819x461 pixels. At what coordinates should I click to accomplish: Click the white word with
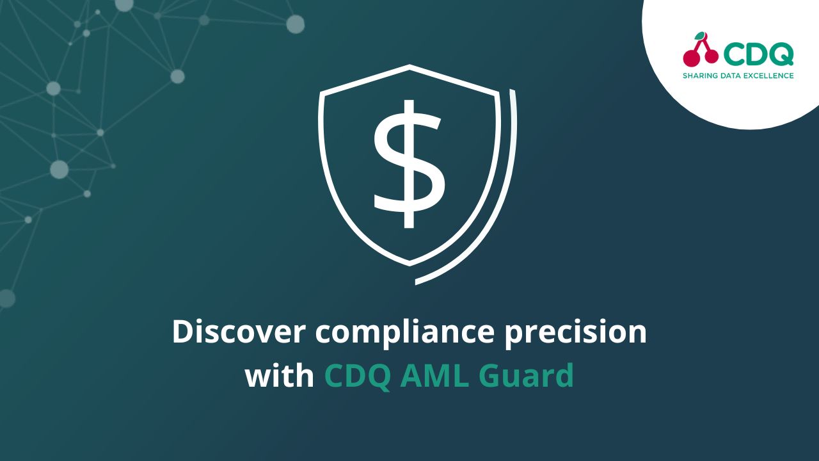[280, 376]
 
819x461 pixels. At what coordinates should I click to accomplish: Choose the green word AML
[434, 376]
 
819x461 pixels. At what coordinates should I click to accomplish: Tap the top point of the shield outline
[409, 66]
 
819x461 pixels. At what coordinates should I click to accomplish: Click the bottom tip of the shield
[409, 263]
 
